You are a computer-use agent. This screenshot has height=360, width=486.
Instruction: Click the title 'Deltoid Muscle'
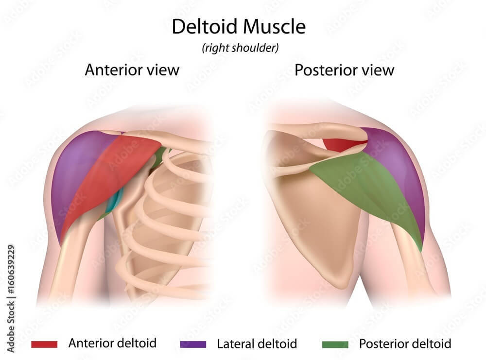tap(238, 27)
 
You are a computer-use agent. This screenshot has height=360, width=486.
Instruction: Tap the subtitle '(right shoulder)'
tap(240, 48)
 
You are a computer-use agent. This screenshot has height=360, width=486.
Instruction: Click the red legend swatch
tap(44, 344)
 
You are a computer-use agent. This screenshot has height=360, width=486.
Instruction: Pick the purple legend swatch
tap(192, 344)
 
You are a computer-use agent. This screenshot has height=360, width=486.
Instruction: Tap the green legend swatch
tap(335, 344)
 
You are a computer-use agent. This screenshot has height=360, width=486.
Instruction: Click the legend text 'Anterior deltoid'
tap(112, 343)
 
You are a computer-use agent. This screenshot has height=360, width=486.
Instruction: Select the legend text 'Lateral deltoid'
tap(257, 344)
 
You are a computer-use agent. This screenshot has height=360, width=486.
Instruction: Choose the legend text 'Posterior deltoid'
tap(405, 344)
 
